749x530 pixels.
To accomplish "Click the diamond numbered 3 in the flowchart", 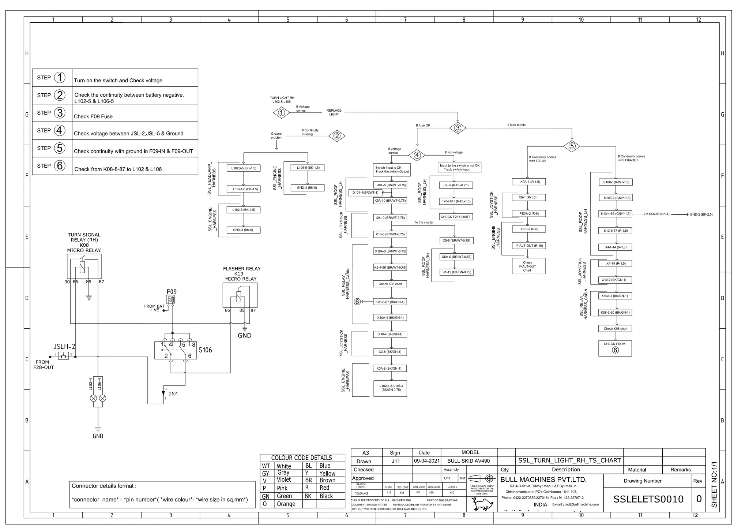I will pyautogui.click(x=458, y=128).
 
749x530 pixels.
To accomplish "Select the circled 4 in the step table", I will pyautogui.click(x=60, y=130).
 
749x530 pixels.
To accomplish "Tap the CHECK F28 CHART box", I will pyautogui.click(x=455, y=217).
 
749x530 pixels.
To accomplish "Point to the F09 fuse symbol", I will pyautogui.click(x=171, y=300).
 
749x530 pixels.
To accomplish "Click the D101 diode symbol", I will pyautogui.click(x=163, y=393).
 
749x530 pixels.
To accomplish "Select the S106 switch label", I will pyautogui.click(x=205, y=350).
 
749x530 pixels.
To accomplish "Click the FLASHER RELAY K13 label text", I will pyautogui.click(x=241, y=273).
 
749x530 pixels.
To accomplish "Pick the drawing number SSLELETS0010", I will pyautogui.click(x=648, y=499).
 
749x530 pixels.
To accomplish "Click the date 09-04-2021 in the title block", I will pyautogui.click(x=426, y=461).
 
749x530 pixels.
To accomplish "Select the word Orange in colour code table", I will pyautogui.click(x=286, y=504).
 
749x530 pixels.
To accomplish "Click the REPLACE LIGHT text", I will pyautogui.click(x=334, y=112).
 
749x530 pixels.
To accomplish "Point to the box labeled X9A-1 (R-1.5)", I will pyautogui.click(x=530, y=182).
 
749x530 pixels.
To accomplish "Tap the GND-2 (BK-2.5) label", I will pyautogui.click(x=701, y=214).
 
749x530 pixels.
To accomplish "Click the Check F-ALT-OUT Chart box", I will pyautogui.click(x=528, y=266).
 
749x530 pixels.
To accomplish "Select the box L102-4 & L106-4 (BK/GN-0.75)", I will pyautogui.click(x=390, y=388).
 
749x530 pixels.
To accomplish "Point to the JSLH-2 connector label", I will pyautogui.click(x=65, y=346).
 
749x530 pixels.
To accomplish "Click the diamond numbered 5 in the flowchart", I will pyautogui.click(x=572, y=146).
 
